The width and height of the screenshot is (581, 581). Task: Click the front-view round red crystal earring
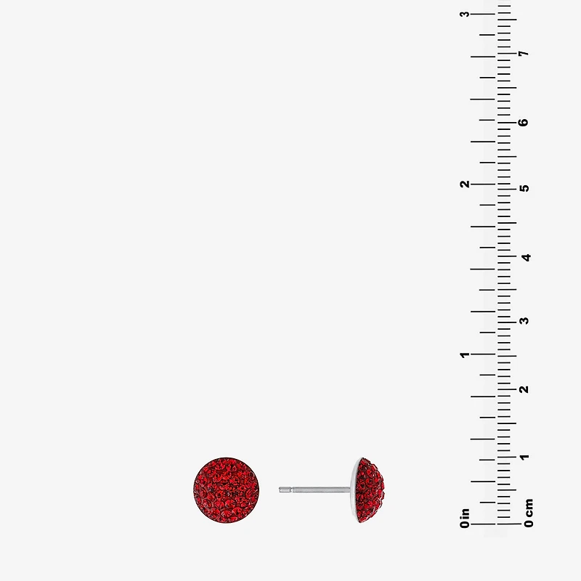point(226,489)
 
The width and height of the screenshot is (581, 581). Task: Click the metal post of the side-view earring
point(314,489)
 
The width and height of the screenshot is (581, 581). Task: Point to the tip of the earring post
point(280,489)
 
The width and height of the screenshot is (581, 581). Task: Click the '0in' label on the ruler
point(465,518)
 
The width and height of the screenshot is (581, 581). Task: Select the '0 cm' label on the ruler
point(529,513)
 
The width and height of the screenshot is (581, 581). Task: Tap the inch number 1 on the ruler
point(465,355)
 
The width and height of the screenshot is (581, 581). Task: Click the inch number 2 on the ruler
point(465,184)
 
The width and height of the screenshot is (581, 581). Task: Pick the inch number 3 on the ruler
point(465,14)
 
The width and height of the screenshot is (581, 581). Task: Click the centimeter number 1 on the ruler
point(524,457)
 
